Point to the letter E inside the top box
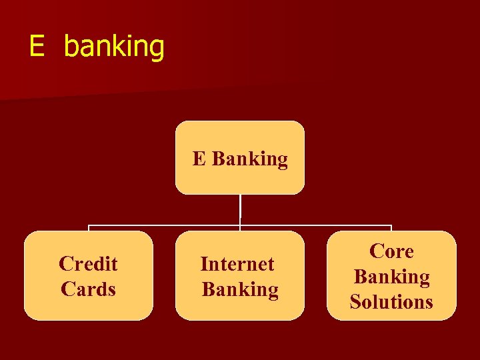[199, 159]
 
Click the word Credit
[88, 264]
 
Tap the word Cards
[88, 289]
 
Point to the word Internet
[237, 264]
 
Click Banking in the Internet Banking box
[240, 289]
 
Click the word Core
[391, 251]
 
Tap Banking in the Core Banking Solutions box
[391, 277]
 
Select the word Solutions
[391, 302]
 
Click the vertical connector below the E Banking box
[240, 210]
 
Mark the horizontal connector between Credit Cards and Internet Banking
[164, 226]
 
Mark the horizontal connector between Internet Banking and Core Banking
[316, 226]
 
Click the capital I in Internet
[204, 264]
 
